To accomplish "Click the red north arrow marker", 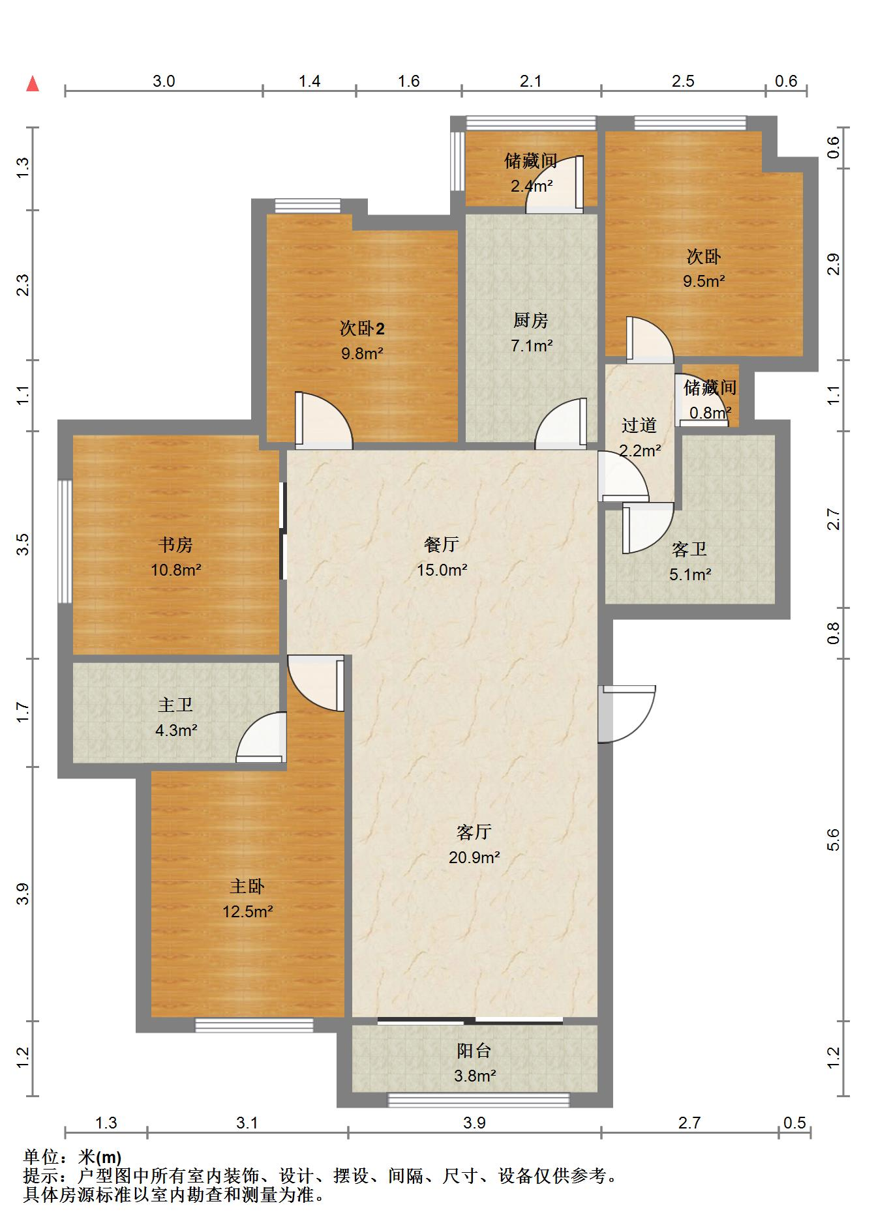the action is point(33,83).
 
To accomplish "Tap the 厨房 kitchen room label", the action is point(530,320).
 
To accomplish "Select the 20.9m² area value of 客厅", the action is point(474,857).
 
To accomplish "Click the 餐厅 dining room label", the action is point(442,544).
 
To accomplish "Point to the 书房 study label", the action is point(175,544).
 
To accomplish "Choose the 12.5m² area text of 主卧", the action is point(247,911).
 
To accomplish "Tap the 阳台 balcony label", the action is point(474,1050).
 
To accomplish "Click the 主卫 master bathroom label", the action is point(175,705).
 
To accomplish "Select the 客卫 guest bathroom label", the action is point(689,549).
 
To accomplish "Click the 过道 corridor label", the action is point(639,425).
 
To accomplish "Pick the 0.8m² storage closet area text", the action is point(710,413).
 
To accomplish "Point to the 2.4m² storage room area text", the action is point(532,186).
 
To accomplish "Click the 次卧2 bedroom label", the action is point(362,328).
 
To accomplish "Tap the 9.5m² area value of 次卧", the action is point(704,281).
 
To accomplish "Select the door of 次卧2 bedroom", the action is point(324,420).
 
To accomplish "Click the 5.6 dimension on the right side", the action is point(833,840).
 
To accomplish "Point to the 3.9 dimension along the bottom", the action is point(474,1123).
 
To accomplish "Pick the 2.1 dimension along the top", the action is point(530,81).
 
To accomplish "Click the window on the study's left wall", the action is point(65,542).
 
